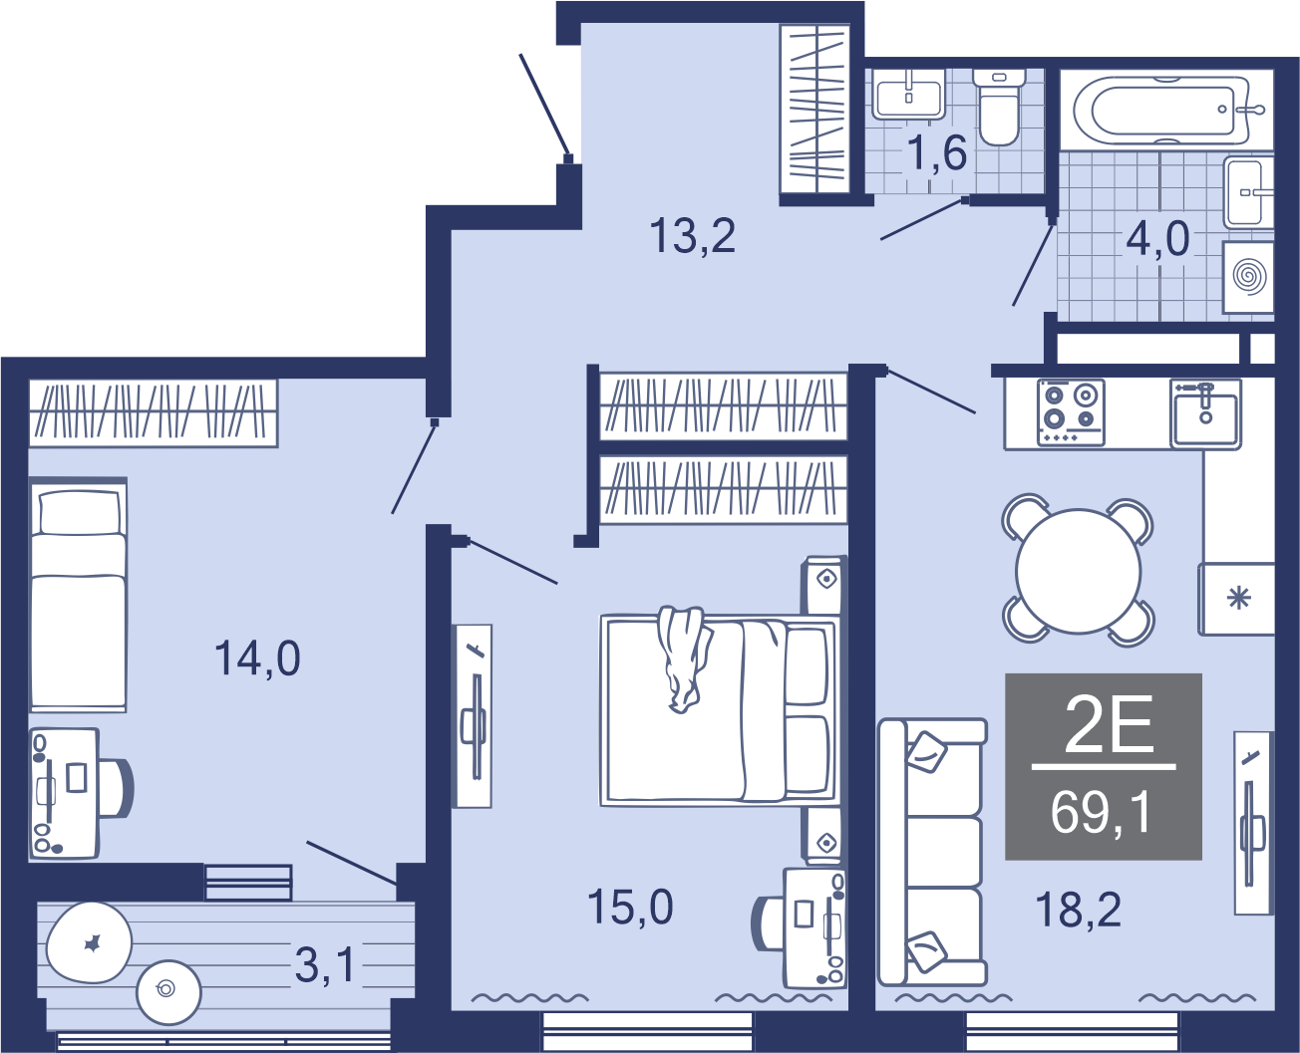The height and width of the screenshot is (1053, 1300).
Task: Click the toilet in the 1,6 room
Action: (999, 107)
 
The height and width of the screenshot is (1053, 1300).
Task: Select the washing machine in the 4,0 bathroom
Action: (1248, 277)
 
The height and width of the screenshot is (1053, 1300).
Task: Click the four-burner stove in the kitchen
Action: (1071, 412)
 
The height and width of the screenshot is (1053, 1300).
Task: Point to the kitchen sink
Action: (1205, 412)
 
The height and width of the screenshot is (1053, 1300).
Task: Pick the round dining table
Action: (1078, 571)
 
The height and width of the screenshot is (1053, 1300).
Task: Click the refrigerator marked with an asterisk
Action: (1236, 599)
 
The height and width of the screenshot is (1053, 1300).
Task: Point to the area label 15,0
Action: (630, 907)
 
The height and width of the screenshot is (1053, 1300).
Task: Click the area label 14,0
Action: (257, 658)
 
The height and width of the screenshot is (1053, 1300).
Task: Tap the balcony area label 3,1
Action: (325, 966)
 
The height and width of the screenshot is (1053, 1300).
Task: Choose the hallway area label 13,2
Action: (693, 235)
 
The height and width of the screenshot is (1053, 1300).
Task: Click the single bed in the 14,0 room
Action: (79, 595)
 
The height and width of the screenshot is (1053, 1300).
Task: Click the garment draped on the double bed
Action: (684, 658)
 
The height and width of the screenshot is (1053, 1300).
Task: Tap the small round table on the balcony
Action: (169, 992)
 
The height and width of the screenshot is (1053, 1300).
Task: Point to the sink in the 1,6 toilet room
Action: (909, 94)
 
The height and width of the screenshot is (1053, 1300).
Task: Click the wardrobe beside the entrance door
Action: (814, 109)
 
